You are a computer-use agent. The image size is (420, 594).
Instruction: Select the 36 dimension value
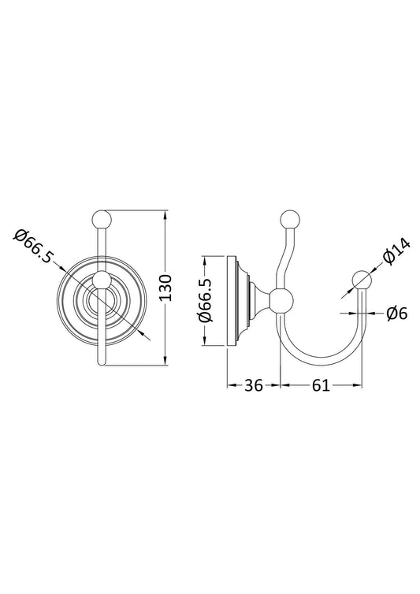253,385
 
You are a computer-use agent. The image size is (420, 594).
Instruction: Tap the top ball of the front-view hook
103,218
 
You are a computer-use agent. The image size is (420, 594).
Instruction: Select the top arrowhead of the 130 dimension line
165,215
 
